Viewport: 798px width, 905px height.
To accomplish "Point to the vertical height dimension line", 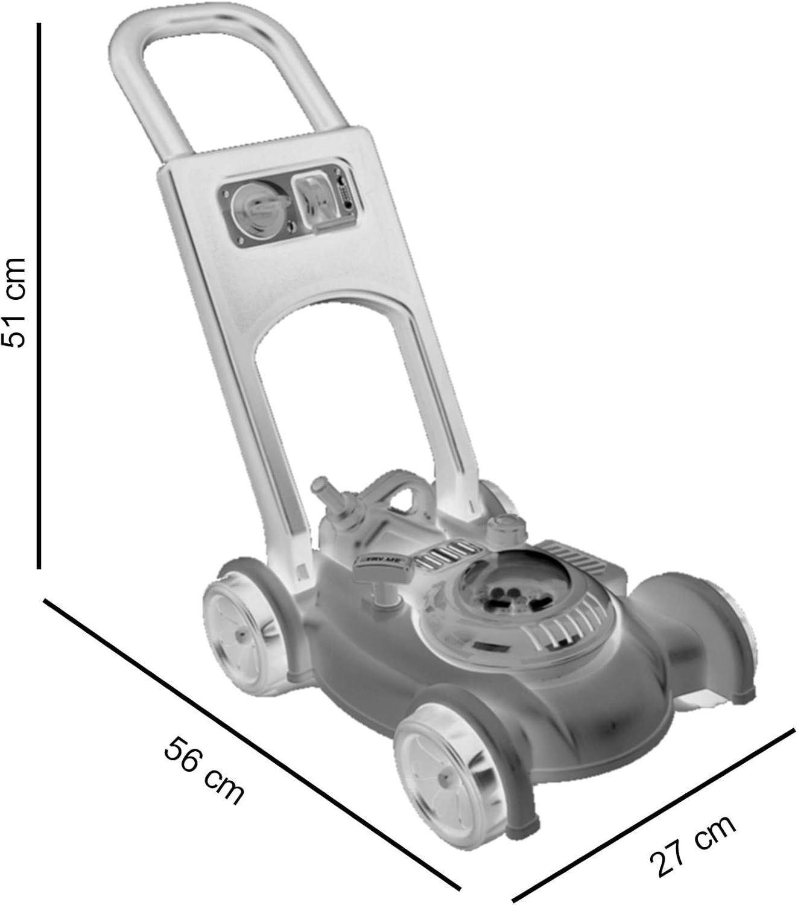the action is pos(39,296).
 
